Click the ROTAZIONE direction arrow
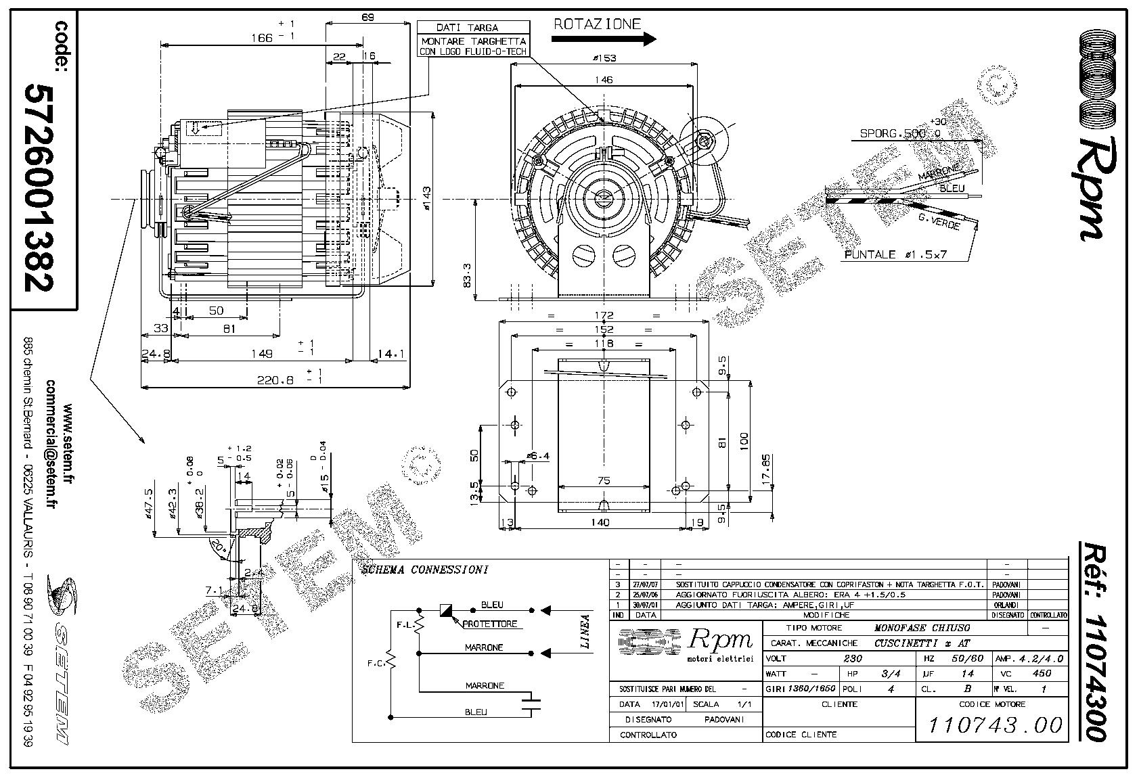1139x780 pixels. coord(604,39)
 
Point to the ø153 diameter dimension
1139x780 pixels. coord(604,58)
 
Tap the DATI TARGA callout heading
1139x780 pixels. coord(467,28)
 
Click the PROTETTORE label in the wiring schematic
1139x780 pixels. coord(491,624)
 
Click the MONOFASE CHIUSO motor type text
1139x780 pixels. coord(922,628)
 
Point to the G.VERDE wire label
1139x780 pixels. coord(939,221)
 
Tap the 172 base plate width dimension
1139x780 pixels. coord(604,315)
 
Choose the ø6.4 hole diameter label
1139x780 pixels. coord(538,456)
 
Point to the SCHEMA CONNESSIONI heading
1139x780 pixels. coord(424,570)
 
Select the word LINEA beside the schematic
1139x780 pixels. coord(586,631)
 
